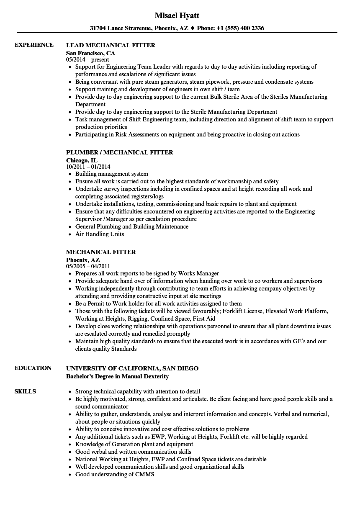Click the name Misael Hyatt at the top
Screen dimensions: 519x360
click(x=177, y=15)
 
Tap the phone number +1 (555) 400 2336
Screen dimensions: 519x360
click(x=240, y=28)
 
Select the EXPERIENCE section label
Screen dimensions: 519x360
click(x=34, y=45)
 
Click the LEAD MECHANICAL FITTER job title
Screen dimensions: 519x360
click(x=111, y=45)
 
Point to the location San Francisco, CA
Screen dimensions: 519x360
click(x=90, y=53)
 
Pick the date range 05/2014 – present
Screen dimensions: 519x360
click(x=87, y=59)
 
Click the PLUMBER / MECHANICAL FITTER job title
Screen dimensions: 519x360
click(x=119, y=152)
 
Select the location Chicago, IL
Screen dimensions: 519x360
click(x=82, y=160)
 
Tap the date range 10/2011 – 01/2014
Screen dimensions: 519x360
click(x=88, y=167)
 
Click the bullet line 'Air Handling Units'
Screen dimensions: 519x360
click(x=100, y=234)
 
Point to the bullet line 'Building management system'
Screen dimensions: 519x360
click(x=111, y=174)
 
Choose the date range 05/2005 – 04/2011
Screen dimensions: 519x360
click(x=88, y=266)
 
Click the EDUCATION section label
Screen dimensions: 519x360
click(x=33, y=368)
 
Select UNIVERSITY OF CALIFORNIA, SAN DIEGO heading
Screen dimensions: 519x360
click(x=132, y=368)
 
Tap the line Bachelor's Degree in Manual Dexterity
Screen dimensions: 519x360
click(x=117, y=376)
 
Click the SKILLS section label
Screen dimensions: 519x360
click(x=25, y=391)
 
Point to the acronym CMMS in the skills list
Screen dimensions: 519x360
click(x=145, y=474)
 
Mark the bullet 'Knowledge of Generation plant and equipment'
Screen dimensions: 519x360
click(x=134, y=444)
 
